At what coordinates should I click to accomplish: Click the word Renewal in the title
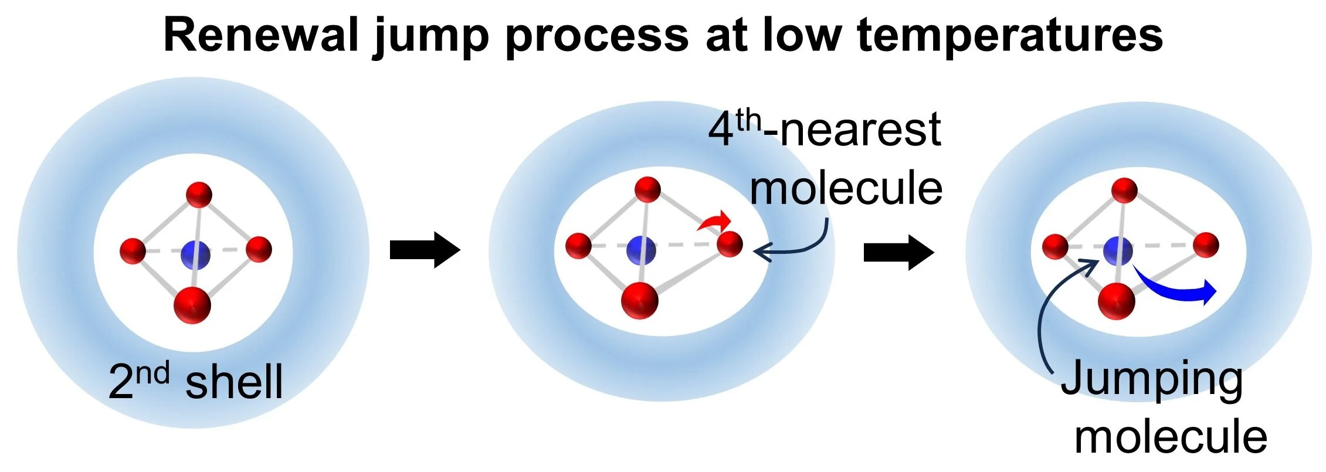261,35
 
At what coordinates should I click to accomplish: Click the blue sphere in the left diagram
195,255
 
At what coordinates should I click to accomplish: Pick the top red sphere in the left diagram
199,195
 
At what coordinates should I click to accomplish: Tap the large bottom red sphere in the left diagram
192,305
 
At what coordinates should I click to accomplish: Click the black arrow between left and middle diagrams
425,250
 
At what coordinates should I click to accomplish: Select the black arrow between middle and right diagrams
899,252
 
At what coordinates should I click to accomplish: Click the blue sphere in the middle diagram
641,250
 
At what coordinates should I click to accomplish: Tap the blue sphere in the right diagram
1118,250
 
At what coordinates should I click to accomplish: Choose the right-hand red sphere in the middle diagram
730,244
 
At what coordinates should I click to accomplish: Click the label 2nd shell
196,381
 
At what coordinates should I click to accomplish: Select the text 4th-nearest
825,129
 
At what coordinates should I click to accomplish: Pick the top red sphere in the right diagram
1124,190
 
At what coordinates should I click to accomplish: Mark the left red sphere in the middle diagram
579,245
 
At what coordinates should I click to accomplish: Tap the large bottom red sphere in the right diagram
1116,301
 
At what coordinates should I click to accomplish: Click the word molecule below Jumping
1171,437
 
